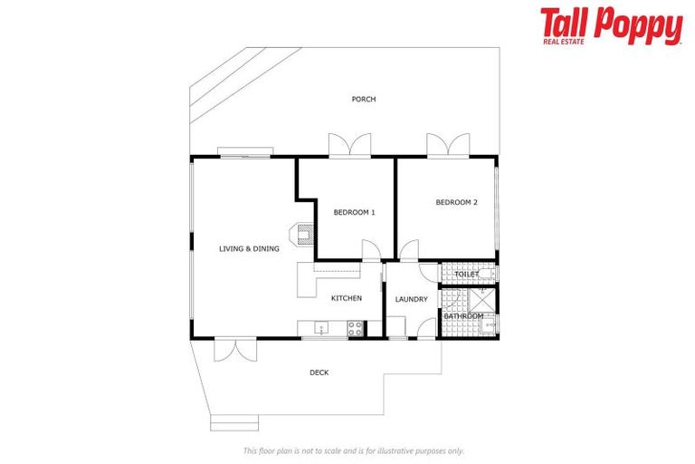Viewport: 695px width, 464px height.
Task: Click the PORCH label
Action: [x=364, y=100]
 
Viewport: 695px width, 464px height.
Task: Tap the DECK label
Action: [x=319, y=372]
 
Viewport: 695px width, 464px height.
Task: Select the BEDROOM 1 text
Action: [x=354, y=212]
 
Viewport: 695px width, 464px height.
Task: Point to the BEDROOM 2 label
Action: [x=456, y=203]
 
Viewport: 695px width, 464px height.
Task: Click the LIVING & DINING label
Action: [x=249, y=248]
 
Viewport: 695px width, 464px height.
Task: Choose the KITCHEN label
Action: [x=346, y=298]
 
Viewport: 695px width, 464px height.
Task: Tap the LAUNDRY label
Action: [x=411, y=299]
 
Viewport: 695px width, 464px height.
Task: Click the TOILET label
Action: [x=467, y=274]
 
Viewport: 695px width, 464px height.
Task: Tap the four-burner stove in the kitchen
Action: [x=356, y=329]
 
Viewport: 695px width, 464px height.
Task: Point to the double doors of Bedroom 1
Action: [x=349, y=145]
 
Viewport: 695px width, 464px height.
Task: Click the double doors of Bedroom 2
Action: [x=448, y=145]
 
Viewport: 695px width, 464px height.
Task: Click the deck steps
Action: [x=234, y=422]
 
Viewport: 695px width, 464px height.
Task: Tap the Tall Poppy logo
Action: [x=611, y=26]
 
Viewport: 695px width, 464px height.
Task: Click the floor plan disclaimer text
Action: [x=353, y=450]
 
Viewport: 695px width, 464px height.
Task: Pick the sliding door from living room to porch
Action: [x=245, y=154]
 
